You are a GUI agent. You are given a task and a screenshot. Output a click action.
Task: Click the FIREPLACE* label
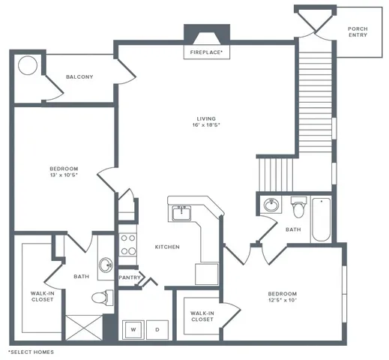pos(204,52)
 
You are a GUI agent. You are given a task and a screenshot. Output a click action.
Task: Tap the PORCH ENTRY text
pos(358,31)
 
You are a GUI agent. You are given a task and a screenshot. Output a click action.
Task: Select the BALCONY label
pos(79,76)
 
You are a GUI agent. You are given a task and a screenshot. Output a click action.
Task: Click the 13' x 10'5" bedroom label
pos(64,172)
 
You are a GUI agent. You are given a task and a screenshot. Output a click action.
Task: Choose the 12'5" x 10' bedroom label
pos(283,297)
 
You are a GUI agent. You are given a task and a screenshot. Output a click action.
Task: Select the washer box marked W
pos(133,328)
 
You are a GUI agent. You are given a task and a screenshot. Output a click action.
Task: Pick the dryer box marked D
pos(157,328)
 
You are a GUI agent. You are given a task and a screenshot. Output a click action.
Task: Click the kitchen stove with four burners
pos(128,244)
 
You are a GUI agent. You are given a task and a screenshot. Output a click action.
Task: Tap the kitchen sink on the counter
pos(181,213)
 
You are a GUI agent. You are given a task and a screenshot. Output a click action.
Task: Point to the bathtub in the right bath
pos(321,219)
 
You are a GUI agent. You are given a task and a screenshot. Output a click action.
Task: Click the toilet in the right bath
pos(298,205)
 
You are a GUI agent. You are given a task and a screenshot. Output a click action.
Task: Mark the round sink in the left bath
pos(105,264)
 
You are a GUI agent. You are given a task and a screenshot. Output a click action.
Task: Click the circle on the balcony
pos(28,65)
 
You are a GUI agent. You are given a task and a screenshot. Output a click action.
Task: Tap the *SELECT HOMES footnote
pos(31,351)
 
